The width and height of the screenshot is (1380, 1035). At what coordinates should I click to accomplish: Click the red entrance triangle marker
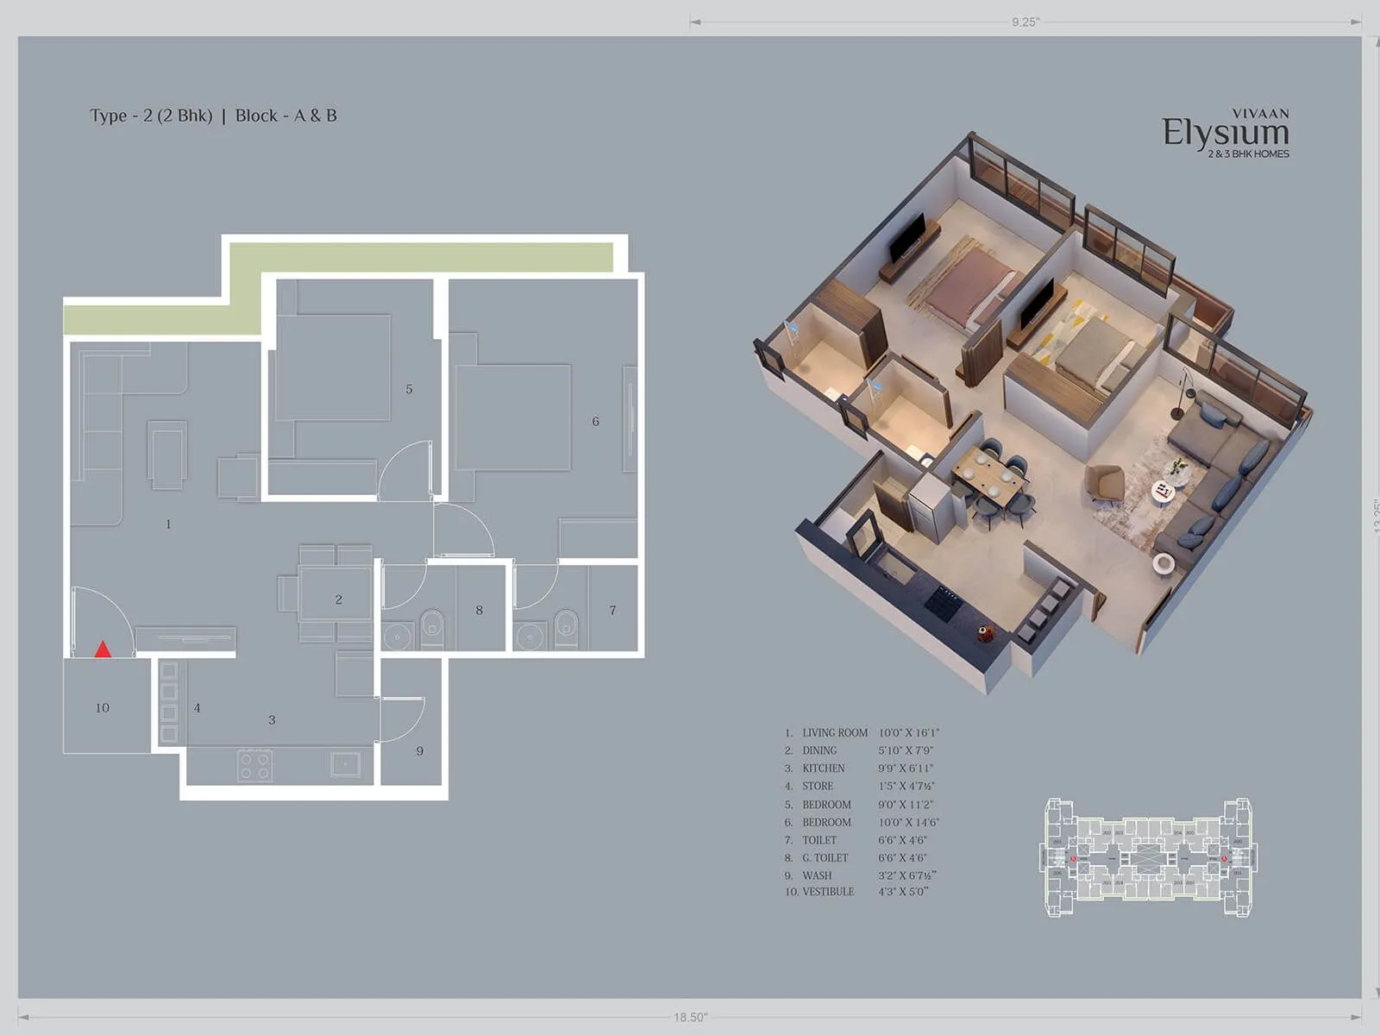(103, 649)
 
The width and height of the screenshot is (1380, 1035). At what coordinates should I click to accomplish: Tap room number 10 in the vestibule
(102, 708)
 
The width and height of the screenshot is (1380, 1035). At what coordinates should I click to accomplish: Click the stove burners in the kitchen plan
(255, 764)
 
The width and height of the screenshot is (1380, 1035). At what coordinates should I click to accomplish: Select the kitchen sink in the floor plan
(345, 763)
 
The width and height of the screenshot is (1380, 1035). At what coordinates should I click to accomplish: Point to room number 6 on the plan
(595, 422)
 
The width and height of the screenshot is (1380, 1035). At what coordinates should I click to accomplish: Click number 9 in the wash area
(420, 751)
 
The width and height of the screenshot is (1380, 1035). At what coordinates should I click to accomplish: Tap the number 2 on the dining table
(339, 599)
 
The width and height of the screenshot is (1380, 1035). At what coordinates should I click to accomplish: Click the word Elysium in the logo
(1225, 133)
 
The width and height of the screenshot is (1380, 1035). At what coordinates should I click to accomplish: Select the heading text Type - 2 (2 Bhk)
(151, 116)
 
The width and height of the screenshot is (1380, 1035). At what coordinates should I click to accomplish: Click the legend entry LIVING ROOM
(834, 732)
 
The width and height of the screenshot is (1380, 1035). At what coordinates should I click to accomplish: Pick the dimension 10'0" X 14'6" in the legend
(908, 822)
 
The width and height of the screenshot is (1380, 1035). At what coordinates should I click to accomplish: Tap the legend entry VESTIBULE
(827, 892)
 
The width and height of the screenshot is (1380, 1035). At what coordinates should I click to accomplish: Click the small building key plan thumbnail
(1148, 857)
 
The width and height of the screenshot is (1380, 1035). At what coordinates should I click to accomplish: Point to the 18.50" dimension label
(690, 1018)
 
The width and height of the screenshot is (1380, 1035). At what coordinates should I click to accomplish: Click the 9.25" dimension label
(1026, 22)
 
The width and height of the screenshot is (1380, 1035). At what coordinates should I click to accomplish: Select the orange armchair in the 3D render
(1107, 484)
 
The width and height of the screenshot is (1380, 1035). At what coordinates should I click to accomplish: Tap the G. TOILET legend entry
(825, 857)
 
